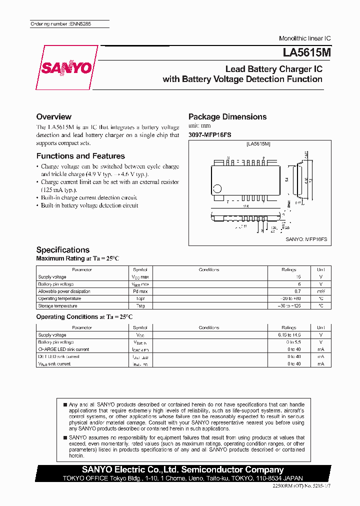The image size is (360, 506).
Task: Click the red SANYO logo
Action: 66,68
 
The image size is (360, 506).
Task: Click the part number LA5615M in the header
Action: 302,52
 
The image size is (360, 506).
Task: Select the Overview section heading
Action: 54,116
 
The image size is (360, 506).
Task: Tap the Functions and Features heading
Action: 80,156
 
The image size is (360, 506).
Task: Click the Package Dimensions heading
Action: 227,116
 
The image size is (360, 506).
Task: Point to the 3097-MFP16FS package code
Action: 210,135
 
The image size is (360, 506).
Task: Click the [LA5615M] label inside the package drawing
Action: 258,144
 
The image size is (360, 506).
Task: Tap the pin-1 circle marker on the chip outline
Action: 217,188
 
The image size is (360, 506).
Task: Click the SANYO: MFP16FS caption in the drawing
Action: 306,239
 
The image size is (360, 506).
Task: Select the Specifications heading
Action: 63,249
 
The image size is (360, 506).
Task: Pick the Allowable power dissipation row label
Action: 64,291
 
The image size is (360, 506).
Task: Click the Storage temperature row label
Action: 57,305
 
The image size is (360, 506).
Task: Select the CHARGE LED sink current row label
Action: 63,349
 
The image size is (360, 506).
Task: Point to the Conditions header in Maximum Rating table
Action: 209,269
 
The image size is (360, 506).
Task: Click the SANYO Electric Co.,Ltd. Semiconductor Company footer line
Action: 182,469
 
